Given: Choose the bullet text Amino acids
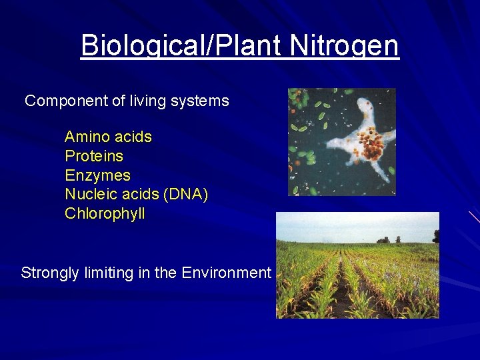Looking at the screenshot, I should pos(108,137).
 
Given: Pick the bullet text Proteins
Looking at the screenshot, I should pos(94,157).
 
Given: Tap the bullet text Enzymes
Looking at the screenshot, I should pos(97,176).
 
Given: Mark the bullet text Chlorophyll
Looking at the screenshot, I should pos(105,214).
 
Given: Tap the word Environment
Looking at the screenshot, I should pos(226,273).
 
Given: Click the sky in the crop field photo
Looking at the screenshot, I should pos(353,225).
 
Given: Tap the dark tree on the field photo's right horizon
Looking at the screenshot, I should pos(436,237).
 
